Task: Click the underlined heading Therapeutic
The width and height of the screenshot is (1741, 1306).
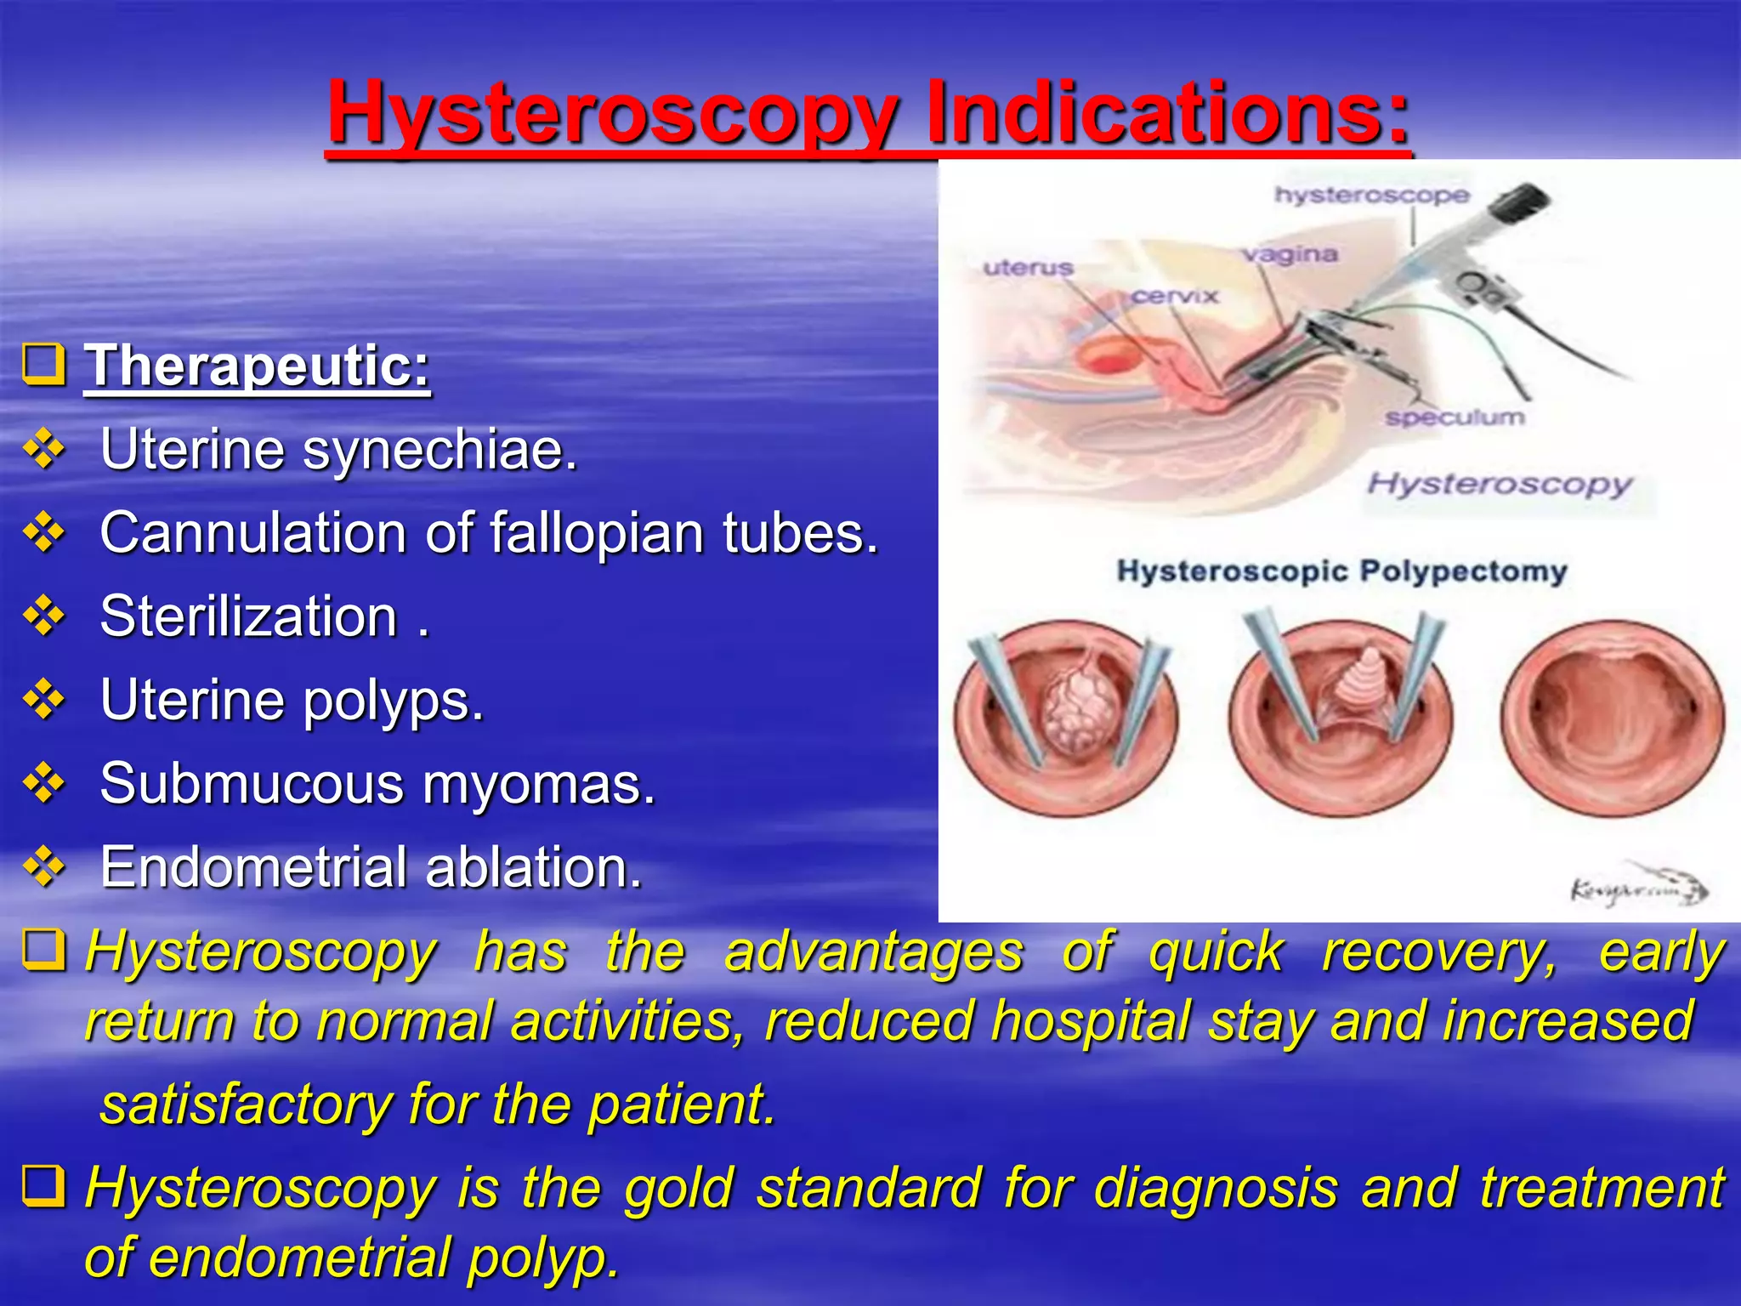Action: (257, 366)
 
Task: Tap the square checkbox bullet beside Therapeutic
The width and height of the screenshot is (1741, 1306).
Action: (43, 365)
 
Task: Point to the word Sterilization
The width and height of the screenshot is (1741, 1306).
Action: (248, 616)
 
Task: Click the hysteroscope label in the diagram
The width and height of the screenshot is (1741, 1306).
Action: (1370, 195)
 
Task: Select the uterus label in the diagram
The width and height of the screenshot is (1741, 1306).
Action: (1028, 268)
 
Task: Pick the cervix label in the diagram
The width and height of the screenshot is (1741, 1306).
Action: (1175, 296)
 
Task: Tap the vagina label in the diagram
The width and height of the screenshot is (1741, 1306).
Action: (1289, 254)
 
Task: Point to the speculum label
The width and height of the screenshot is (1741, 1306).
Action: (1454, 417)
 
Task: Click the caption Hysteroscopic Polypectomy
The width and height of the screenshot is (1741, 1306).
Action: (1341, 571)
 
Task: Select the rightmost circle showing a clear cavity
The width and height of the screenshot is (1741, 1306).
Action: (1612, 718)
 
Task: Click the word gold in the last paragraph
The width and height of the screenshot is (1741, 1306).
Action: (678, 1189)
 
